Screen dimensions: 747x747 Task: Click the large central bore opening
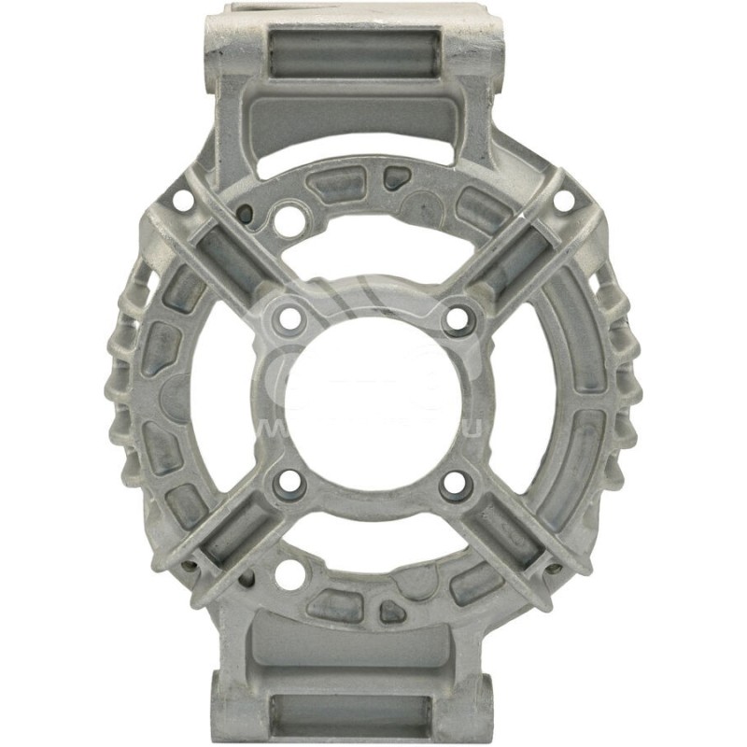pos(373,402)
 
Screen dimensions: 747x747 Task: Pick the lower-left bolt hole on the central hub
pos(291,483)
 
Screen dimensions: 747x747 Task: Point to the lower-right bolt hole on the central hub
pos(455,483)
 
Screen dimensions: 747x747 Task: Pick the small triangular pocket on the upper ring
pos(398,175)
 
